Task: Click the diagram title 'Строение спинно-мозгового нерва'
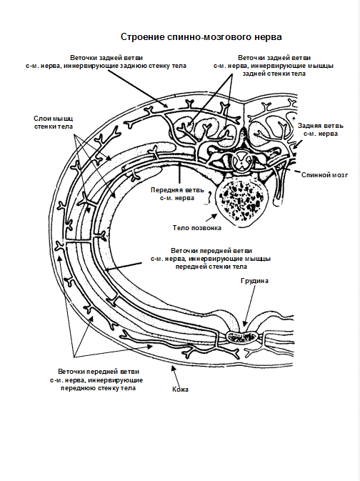pyautogui.click(x=201, y=37)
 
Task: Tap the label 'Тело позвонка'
pyautogui.click(x=197, y=228)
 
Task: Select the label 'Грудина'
pyautogui.click(x=254, y=281)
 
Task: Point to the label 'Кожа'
pyautogui.click(x=180, y=390)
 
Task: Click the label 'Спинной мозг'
pyautogui.click(x=324, y=175)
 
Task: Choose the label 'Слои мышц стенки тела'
pyautogui.click(x=54, y=122)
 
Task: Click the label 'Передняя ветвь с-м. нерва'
pyautogui.click(x=177, y=194)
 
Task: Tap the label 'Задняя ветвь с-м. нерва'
pyautogui.click(x=321, y=130)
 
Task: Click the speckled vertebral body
pyautogui.click(x=240, y=200)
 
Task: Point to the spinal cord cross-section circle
pyautogui.click(x=242, y=162)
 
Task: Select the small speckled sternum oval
pyautogui.click(x=242, y=337)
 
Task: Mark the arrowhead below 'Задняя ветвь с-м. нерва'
pyautogui.click(x=295, y=147)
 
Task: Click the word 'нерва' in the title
pyautogui.click(x=268, y=37)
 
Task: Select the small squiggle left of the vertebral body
pyautogui.click(x=210, y=197)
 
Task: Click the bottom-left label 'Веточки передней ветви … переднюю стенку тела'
pyautogui.click(x=97, y=380)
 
